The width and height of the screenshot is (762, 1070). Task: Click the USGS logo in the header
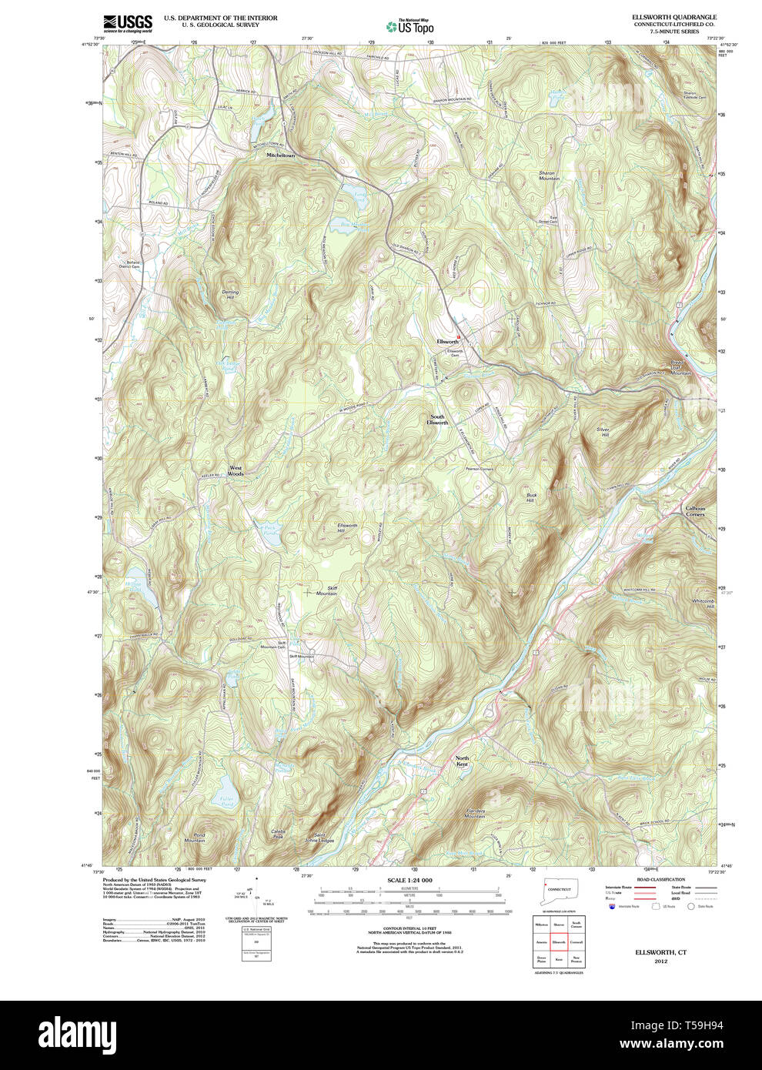click(128, 23)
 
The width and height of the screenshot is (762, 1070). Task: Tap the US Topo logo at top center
click(410, 26)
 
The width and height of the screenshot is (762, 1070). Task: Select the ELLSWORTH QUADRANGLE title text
click(673, 17)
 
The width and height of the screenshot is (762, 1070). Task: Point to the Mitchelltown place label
click(280, 155)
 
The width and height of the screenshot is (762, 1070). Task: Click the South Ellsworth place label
click(437, 420)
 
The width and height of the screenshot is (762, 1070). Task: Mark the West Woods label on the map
click(236, 471)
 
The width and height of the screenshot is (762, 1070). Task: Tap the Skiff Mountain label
click(326, 590)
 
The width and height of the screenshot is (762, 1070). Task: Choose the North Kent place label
click(462, 761)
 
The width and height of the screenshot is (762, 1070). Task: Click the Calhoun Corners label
click(695, 511)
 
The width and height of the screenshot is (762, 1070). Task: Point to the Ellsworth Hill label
click(346, 528)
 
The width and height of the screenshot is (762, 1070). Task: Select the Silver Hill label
click(603, 433)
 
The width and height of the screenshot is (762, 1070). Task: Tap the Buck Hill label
click(530, 497)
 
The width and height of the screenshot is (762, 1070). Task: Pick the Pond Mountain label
click(195, 838)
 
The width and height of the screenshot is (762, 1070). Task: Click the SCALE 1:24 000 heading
click(409, 880)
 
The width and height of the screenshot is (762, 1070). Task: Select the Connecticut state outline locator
click(558, 891)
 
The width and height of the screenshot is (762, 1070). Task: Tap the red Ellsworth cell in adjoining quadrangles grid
click(559, 941)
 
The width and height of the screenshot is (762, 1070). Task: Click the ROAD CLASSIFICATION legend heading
click(660, 879)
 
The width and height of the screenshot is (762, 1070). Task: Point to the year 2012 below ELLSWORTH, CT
click(660, 961)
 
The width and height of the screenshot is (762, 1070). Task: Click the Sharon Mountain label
click(547, 176)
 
